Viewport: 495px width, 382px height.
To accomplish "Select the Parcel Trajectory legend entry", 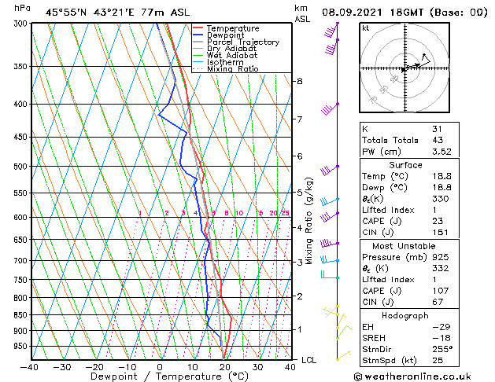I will (242, 42).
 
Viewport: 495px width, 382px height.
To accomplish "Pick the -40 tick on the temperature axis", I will (30, 367).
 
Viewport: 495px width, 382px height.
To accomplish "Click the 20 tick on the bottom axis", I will (225, 367).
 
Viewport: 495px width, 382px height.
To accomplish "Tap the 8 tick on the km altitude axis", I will (300, 81).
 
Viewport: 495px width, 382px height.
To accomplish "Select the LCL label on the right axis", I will (309, 360).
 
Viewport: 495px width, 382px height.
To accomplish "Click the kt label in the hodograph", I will (365, 28).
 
